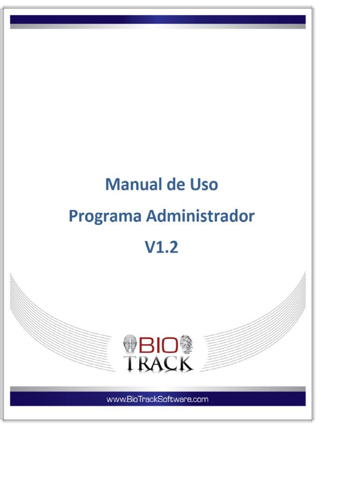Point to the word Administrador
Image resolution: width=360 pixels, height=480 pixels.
click(x=201, y=216)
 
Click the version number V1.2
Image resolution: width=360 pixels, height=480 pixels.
click(x=161, y=247)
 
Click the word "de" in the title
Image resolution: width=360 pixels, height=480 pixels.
click(x=174, y=185)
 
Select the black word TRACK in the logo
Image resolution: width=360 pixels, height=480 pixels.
click(x=158, y=363)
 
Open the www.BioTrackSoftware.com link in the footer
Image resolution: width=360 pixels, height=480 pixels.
click(x=157, y=399)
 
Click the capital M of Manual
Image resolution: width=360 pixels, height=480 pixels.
click(x=112, y=185)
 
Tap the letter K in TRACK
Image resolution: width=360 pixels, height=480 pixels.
click(x=184, y=363)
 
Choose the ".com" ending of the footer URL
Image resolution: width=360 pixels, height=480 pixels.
click(x=199, y=399)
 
